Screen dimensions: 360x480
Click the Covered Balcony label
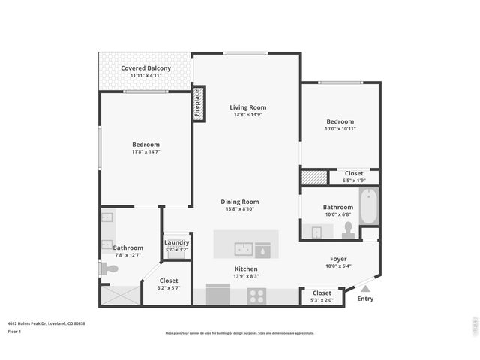[145, 68]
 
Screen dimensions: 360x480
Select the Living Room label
[247, 107]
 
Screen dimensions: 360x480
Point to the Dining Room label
[239, 202]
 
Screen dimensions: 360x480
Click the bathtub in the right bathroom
[368, 207]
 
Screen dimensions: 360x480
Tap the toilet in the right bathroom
[348, 230]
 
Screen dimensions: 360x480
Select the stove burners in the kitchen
[257, 295]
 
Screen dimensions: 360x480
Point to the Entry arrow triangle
[365, 287]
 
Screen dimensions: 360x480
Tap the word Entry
[365, 298]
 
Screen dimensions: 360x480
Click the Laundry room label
[176, 242]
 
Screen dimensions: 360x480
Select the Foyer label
[338, 258]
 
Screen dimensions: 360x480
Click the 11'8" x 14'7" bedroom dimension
[145, 151]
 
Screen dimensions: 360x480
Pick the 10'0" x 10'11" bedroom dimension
[340, 128]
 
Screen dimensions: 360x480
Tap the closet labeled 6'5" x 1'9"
[354, 173]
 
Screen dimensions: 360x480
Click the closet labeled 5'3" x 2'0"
[322, 292]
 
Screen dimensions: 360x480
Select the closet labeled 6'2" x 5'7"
[168, 280]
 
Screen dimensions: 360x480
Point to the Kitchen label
[246, 268]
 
